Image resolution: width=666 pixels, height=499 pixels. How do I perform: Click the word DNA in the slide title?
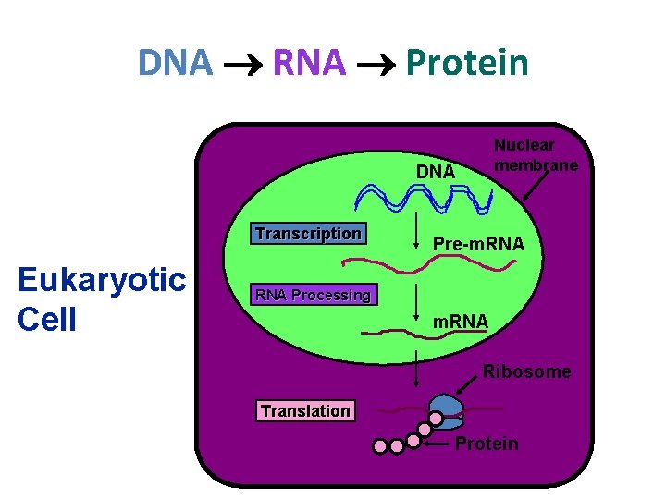click(176, 63)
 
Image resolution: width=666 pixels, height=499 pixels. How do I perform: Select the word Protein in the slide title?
click(467, 63)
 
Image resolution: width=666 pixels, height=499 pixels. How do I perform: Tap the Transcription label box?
click(308, 233)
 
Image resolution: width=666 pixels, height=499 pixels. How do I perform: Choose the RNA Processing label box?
click(313, 295)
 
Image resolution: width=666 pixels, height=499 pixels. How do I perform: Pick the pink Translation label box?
click(305, 410)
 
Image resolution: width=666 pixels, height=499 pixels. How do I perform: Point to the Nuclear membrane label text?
click(536, 154)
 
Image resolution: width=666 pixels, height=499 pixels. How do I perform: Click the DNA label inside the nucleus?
click(435, 172)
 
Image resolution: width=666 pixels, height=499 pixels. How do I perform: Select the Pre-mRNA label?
click(478, 244)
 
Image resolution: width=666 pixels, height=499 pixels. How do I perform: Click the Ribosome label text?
click(526, 371)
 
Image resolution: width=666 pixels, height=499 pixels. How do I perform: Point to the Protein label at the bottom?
click(487, 444)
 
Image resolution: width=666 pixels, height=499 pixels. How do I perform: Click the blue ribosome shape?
click(446, 407)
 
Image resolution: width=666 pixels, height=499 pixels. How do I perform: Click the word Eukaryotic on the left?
click(102, 280)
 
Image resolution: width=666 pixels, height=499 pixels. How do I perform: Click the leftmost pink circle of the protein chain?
click(380, 446)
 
